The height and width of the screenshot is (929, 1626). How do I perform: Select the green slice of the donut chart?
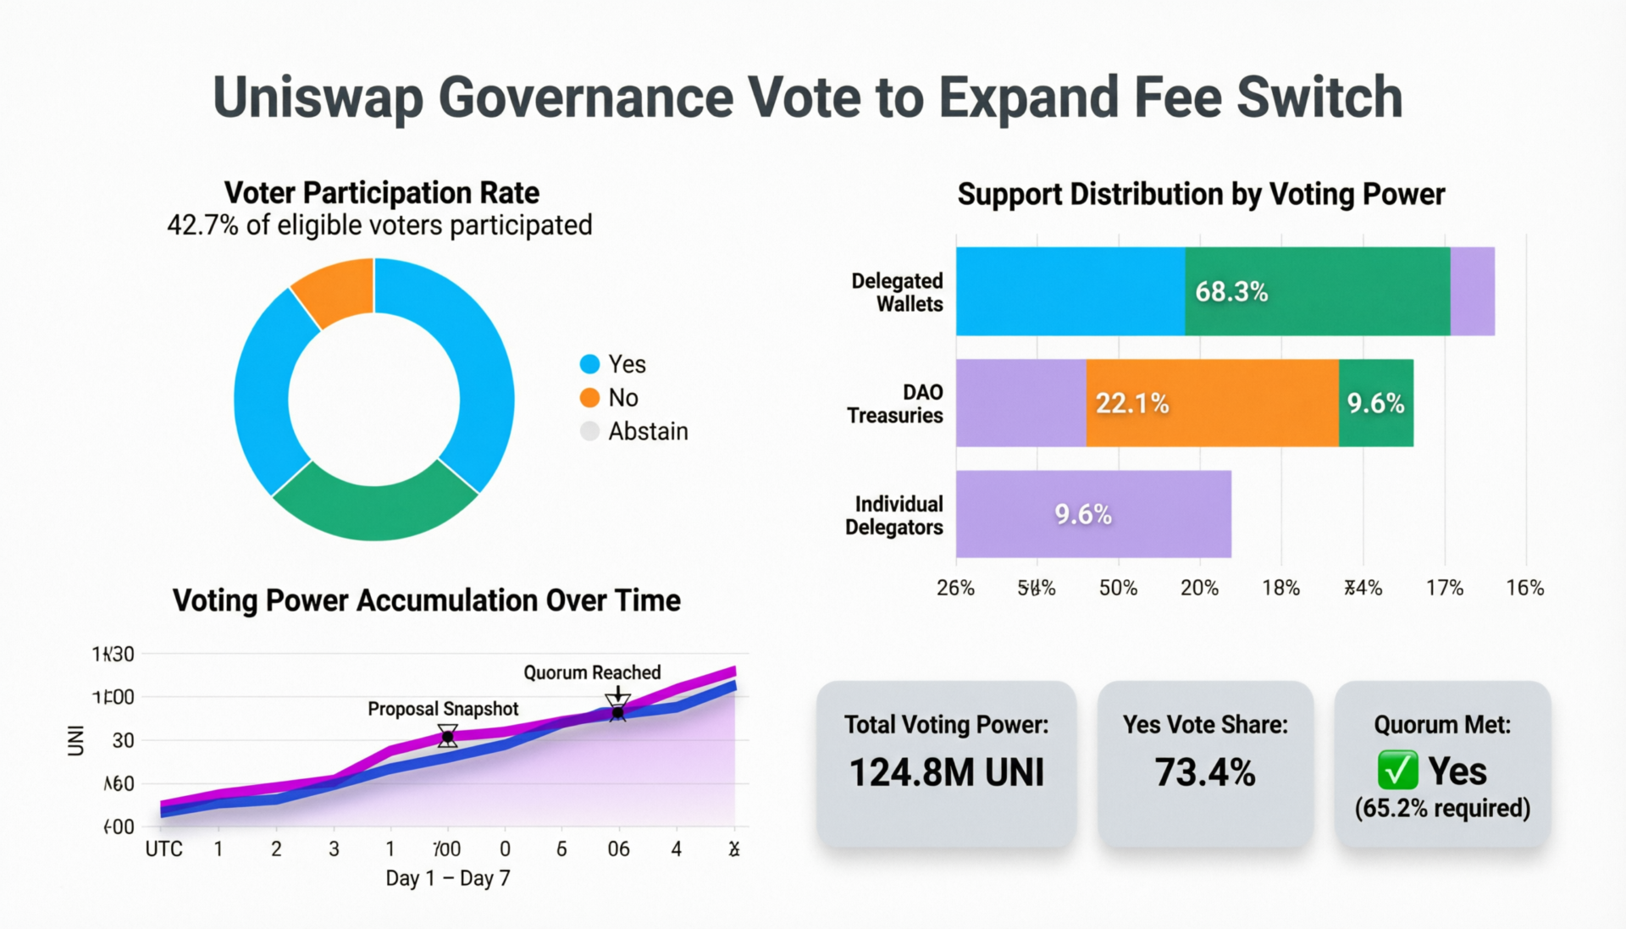[x=374, y=506]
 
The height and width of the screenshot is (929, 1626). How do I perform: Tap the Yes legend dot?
[x=589, y=364]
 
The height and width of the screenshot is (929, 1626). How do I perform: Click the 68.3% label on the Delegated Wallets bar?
[x=1231, y=291]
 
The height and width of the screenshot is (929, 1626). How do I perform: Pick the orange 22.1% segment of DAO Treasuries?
[x=1212, y=403]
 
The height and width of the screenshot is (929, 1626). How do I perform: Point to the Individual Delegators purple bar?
[x=1092, y=514]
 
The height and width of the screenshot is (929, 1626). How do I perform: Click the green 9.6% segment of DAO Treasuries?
[x=1375, y=403]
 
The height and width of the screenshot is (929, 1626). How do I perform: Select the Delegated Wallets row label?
[x=897, y=292]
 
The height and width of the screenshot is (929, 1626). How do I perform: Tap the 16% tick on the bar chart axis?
[x=1524, y=588]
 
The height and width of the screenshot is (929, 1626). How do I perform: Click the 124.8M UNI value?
[x=946, y=772]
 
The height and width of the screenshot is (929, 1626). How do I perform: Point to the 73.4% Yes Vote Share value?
[x=1204, y=772]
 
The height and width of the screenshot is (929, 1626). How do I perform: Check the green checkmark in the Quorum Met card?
[x=1396, y=770]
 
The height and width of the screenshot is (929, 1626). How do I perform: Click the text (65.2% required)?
[x=1442, y=808]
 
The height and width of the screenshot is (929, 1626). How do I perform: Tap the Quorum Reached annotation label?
[x=592, y=672]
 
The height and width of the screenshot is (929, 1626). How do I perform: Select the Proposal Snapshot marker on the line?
[x=447, y=737]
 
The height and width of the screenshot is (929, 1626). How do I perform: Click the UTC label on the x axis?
[x=163, y=849]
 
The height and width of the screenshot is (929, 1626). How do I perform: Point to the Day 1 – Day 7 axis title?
[x=447, y=878]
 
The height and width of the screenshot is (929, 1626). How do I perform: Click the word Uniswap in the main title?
[x=317, y=98]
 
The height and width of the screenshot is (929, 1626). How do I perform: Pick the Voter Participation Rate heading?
[x=381, y=193]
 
